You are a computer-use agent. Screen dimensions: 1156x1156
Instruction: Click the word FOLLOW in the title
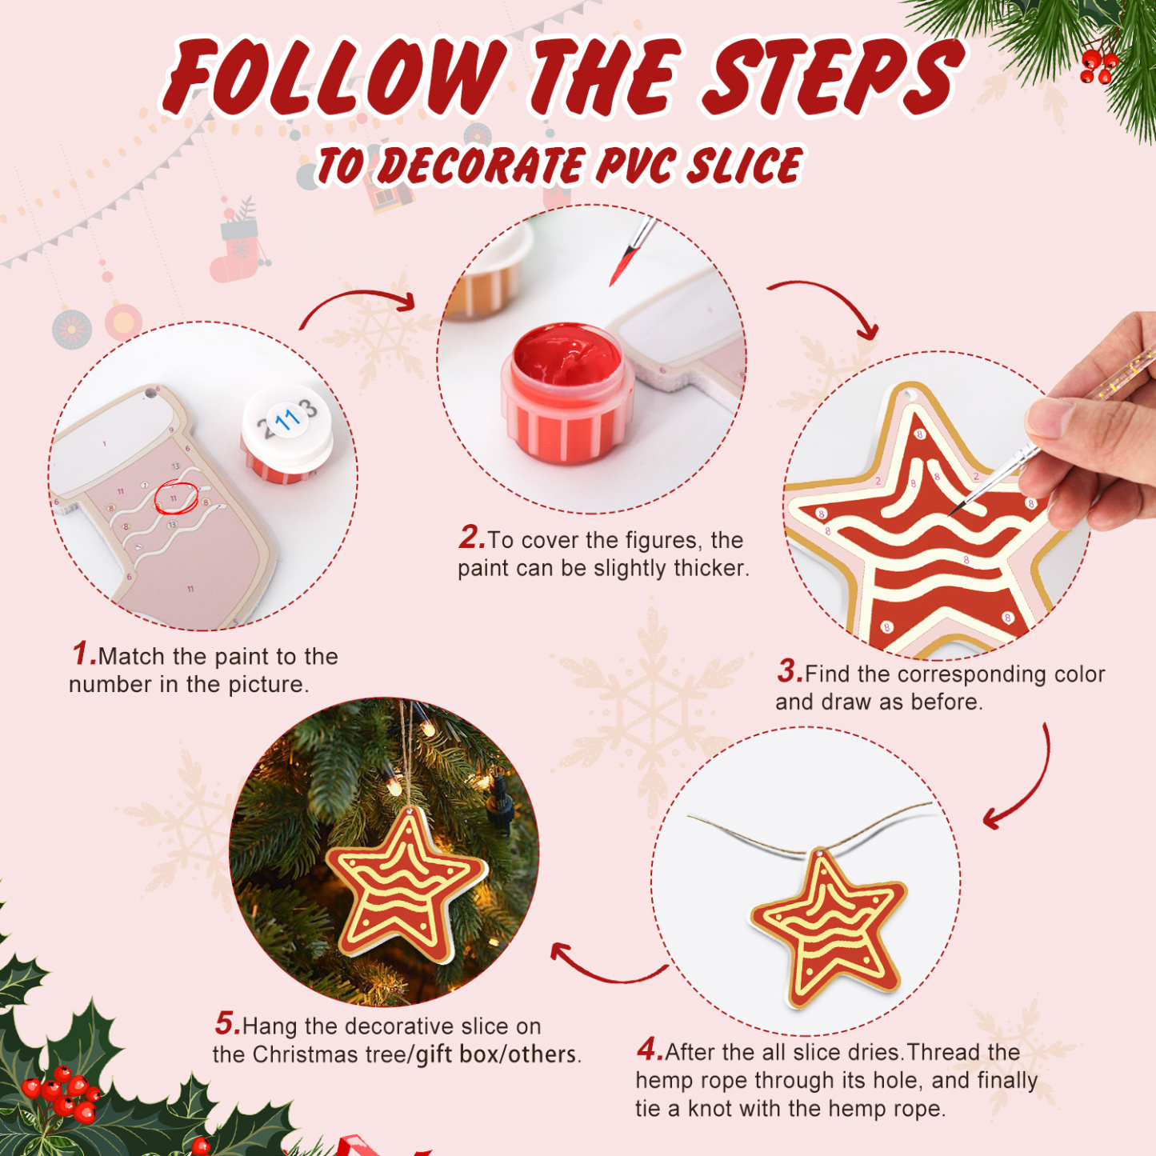pos(336,78)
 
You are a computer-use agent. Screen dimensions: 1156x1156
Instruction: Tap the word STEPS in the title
pos(832,78)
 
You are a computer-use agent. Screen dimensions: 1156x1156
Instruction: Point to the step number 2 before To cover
pos(471,538)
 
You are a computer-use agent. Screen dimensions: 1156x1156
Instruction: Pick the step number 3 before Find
pos(789,671)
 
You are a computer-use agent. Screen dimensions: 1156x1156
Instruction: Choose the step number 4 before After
pos(649,1049)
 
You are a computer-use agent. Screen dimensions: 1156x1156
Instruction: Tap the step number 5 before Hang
pos(226,1023)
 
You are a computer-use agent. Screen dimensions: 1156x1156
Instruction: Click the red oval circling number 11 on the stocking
pos(175,498)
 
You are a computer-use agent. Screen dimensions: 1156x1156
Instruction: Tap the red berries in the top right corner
pos(1098,67)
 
